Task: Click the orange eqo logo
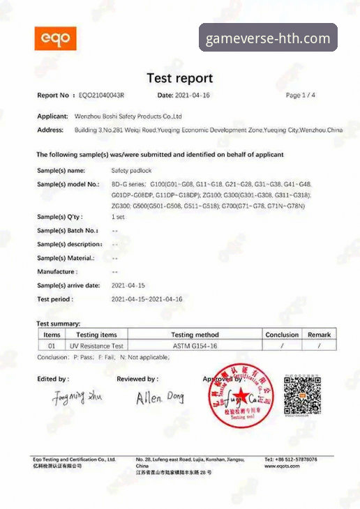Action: [x=55, y=38]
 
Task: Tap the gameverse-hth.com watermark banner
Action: [x=269, y=38]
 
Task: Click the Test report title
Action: [x=179, y=78]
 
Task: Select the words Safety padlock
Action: [x=130, y=170]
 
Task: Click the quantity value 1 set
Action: [x=119, y=217]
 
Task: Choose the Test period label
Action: [x=55, y=298]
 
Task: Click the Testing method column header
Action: [x=195, y=335]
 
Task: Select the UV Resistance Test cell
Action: [x=96, y=345]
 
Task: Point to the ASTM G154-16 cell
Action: [x=195, y=345]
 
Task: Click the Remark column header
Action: [x=319, y=335]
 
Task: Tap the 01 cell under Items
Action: [x=50, y=345]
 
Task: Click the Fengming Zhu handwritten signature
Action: [x=77, y=397]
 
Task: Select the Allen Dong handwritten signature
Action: [x=159, y=397]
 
